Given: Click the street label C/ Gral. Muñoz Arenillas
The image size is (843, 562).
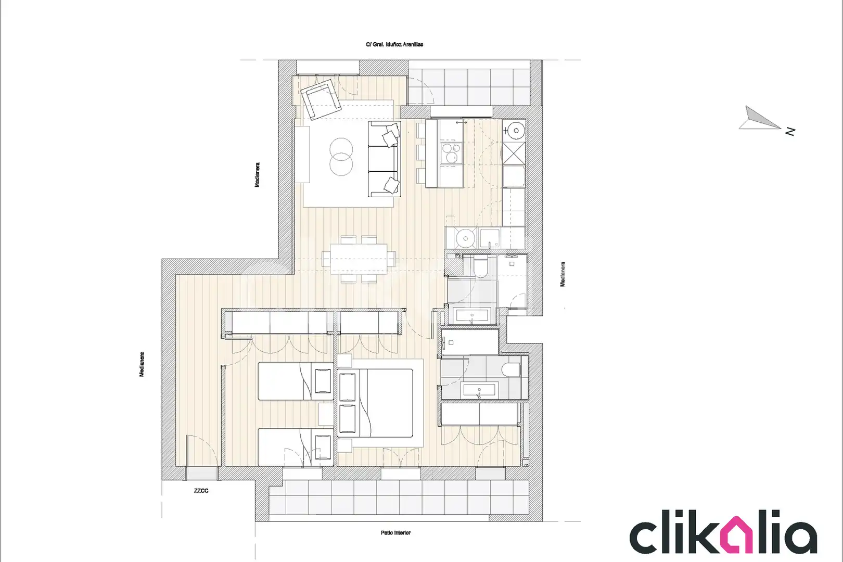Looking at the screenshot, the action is click(x=394, y=44).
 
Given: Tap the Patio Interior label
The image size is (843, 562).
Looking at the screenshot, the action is click(x=395, y=533).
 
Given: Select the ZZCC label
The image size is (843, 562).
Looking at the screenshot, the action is click(x=201, y=491).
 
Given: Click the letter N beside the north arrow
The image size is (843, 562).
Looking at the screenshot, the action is click(x=790, y=132).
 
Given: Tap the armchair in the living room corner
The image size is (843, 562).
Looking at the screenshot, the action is click(x=321, y=99).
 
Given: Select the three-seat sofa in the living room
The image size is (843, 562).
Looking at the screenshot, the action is click(x=384, y=159).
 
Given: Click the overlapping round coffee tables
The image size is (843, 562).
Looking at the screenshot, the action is click(x=341, y=157).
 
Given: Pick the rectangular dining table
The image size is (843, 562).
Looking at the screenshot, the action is click(x=359, y=259).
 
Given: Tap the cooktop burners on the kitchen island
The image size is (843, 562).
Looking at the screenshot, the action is click(x=451, y=152).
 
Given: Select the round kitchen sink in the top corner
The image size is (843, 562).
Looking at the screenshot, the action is click(x=516, y=131).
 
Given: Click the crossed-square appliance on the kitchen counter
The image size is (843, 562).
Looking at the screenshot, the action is click(x=514, y=154).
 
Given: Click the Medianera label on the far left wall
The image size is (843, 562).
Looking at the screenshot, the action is click(x=142, y=364).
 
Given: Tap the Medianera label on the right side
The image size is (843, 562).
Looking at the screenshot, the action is click(x=563, y=274).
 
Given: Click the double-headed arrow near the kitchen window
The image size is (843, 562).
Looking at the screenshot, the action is click(x=462, y=122).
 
